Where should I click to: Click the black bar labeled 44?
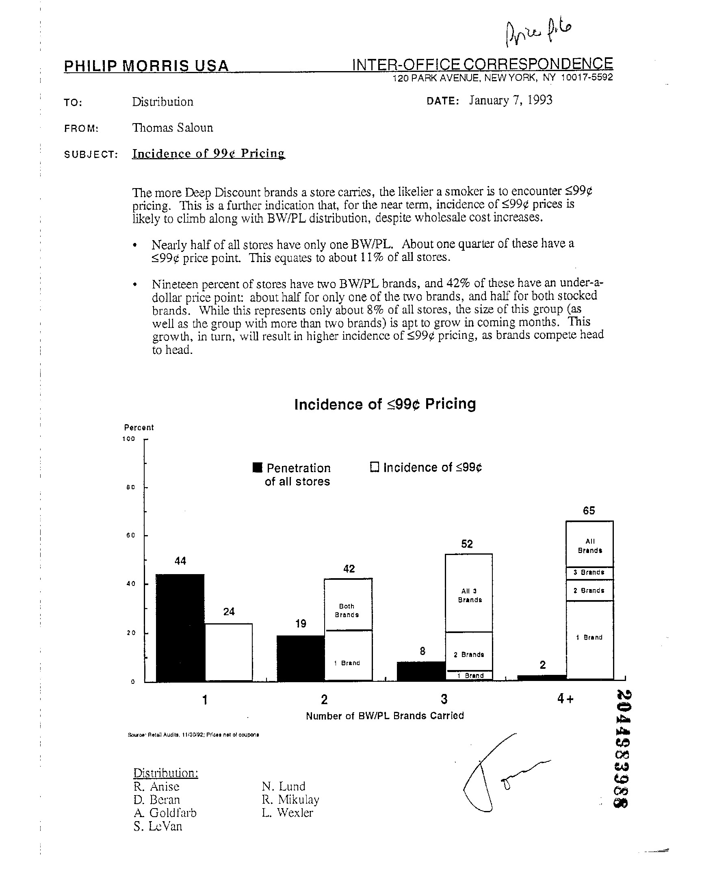[180, 627]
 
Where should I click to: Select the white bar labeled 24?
[229, 652]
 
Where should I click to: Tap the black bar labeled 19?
[300, 658]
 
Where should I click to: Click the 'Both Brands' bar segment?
[348, 605]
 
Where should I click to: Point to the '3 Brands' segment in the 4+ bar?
[589, 573]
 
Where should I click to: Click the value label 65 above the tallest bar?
[589, 511]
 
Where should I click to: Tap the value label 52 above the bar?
[467, 544]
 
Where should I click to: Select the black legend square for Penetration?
[257, 468]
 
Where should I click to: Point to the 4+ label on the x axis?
[565, 699]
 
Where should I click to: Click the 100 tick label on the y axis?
[128, 439]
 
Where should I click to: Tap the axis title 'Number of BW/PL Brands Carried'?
[385, 716]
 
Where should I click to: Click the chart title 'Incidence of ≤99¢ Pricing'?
[385, 404]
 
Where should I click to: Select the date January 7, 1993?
[510, 100]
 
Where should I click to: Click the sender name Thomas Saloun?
[172, 128]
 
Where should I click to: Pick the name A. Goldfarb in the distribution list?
[165, 813]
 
